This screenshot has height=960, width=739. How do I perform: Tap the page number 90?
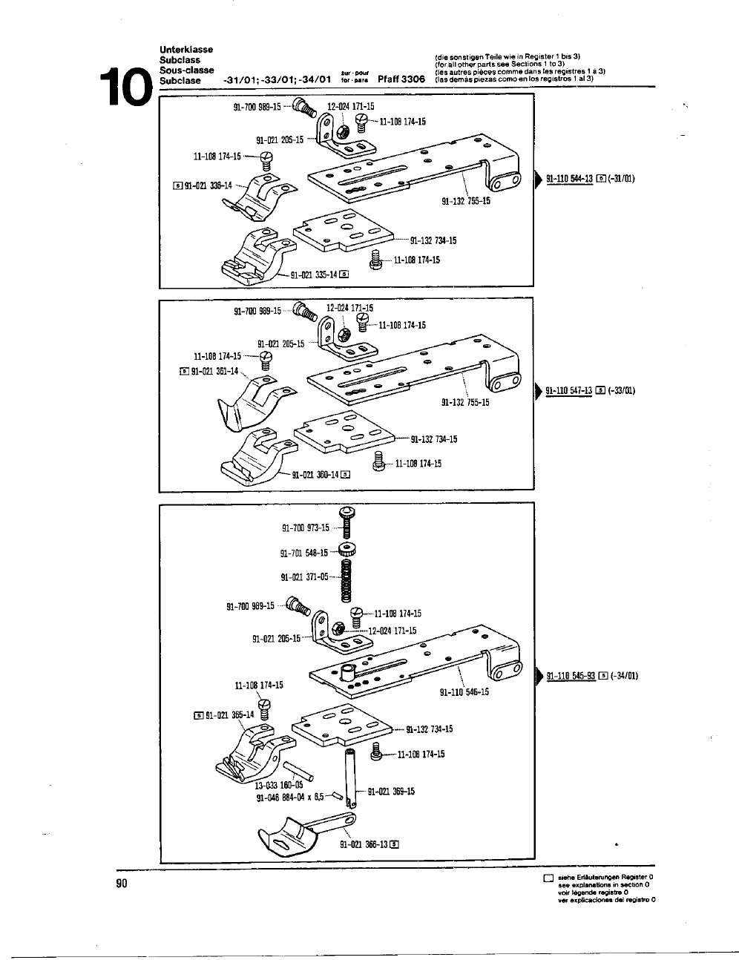pyautogui.click(x=122, y=883)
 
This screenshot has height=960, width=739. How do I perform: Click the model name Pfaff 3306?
pyautogui.click(x=401, y=79)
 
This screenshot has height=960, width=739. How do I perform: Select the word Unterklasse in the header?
pyautogui.click(x=186, y=50)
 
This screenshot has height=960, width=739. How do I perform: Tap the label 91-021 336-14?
pyautogui.click(x=211, y=185)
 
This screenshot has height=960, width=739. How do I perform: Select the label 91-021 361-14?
pyautogui.click(x=215, y=371)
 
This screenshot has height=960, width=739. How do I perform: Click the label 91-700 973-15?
pyautogui.click(x=306, y=528)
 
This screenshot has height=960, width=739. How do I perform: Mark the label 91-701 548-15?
pyautogui.click(x=304, y=553)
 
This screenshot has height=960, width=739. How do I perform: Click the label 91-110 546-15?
pyautogui.click(x=464, y=692)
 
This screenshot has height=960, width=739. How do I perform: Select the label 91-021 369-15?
pyautogui.click(x=391, y=791)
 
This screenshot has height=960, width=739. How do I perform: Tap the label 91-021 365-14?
pyautogui.click(x=230, y=715)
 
